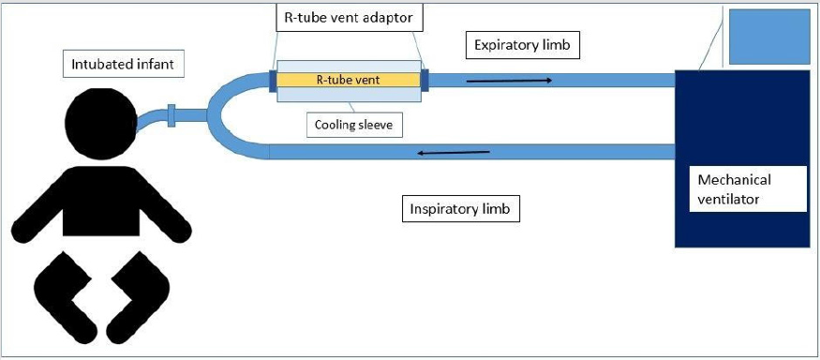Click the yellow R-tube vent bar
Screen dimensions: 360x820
(347, 80)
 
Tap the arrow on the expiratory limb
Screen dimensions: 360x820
(510, 81)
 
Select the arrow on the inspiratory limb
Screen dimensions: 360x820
(454, 152)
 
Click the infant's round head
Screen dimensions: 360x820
(101, 126)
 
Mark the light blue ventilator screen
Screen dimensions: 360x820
(768, 37)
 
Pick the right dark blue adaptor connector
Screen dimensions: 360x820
(425, 80)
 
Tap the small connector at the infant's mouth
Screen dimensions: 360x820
(171, 114)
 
